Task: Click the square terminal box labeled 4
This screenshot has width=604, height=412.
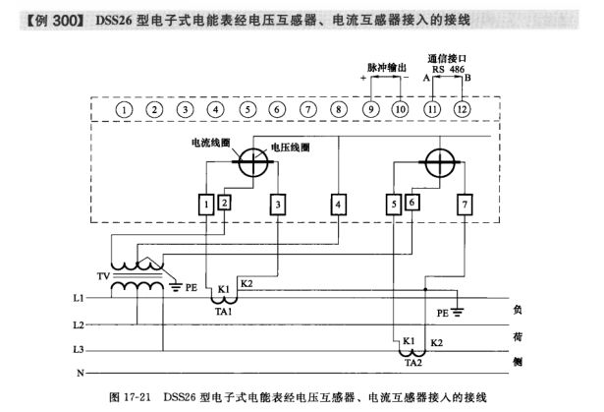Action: [338, 204]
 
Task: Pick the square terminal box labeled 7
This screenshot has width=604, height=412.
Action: [464, 204]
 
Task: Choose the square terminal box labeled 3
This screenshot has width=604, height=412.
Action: [279, 204]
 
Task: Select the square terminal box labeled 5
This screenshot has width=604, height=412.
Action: [394, 204]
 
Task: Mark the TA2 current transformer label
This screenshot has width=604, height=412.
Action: [412, 361]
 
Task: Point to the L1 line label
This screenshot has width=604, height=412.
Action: [79, 296]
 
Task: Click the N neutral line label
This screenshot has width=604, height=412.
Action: [79, 374]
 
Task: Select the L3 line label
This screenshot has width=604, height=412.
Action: [79, 349]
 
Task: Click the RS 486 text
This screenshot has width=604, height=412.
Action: [448, 70]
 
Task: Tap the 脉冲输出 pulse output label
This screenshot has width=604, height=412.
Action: [386, 68]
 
